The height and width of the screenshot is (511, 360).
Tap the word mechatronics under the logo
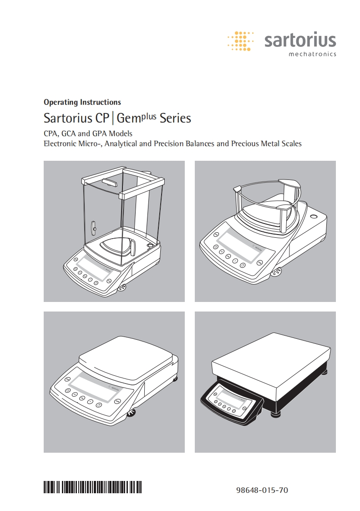pyautogui.click(x=313, y=54)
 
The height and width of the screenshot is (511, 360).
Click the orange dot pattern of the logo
pyautogui.click(x=240, y=41)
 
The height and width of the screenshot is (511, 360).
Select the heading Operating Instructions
pyautogui.click(x=82, y=102)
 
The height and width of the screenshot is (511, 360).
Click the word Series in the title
pyautogui.click(x=176, y=118)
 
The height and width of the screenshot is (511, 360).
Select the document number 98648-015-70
pyautogui.click(x=262, y=491)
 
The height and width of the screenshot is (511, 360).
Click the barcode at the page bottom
pyautogui.click(x=92, y=487)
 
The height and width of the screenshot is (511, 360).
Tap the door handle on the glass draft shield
pyautogui.click(x=94, y=226)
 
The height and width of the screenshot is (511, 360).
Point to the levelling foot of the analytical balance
pyautogui.click(x=122, y=288)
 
